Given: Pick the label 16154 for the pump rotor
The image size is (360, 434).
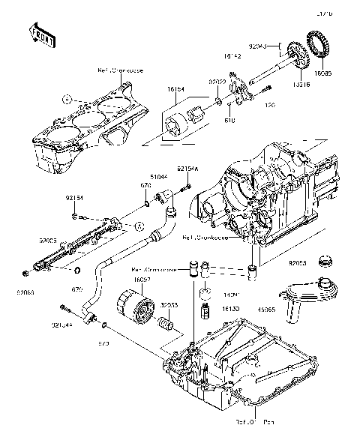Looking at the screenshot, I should pos(175,88).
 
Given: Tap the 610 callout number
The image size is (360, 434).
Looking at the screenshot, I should pos(230,118).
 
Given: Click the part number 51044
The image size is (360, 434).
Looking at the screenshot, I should pos(157,177).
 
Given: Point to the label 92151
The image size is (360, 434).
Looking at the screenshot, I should pos(75,199).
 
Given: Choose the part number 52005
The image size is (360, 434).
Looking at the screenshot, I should pos(49,242).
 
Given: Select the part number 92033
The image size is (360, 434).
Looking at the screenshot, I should pos(169,306).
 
